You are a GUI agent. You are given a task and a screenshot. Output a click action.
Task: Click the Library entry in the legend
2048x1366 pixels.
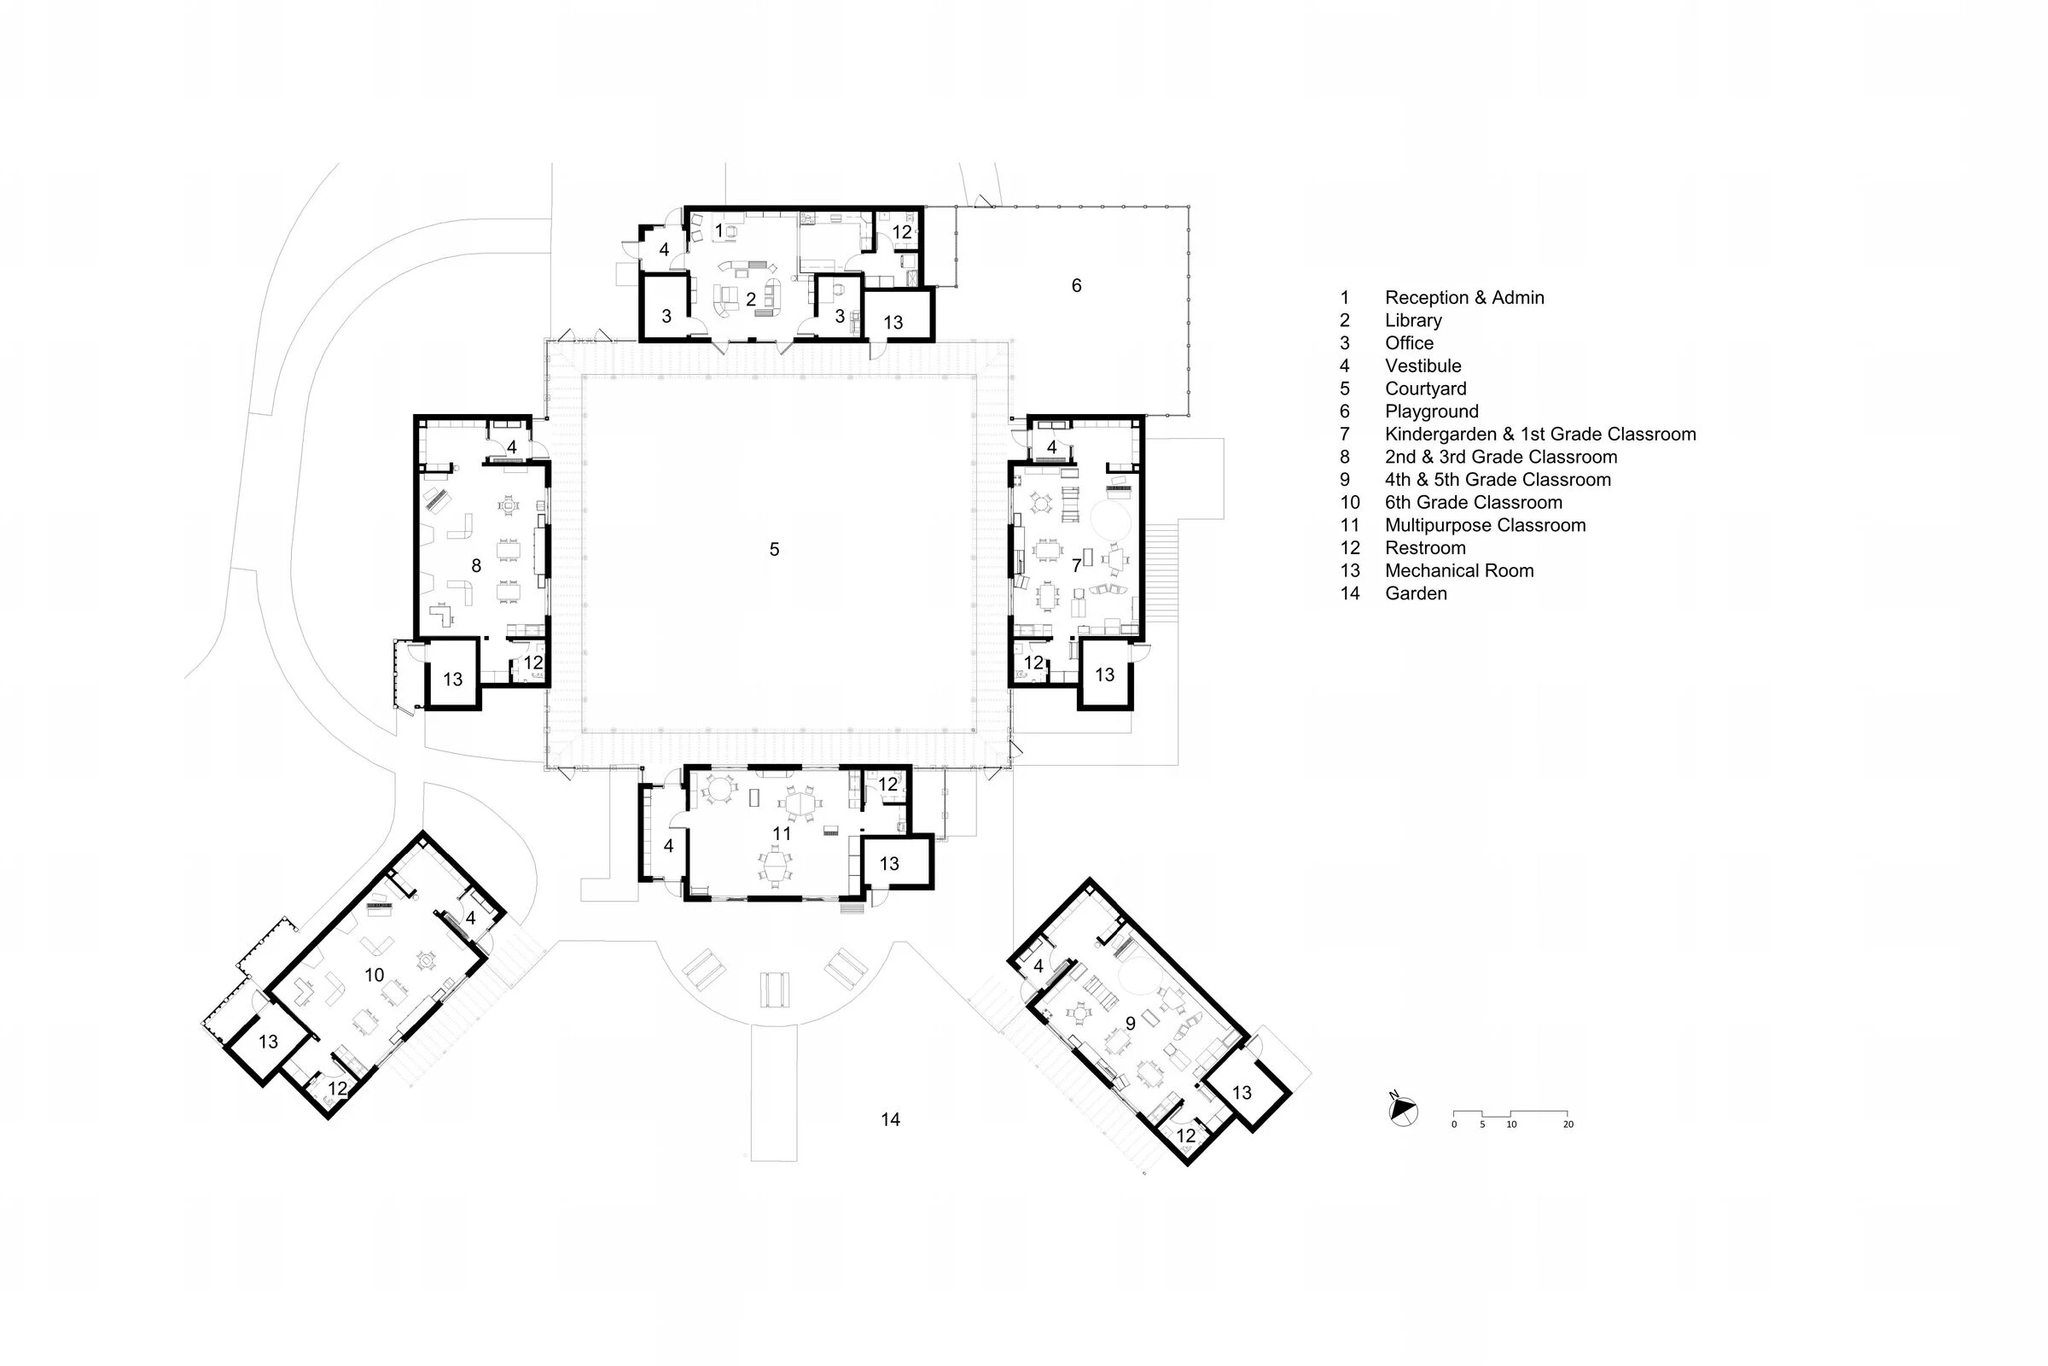click(1413, 321)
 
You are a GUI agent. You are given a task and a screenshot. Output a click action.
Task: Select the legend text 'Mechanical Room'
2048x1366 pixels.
click(1459, 570)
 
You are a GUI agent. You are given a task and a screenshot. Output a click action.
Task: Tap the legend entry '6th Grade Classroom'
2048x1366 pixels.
click(1474, 503)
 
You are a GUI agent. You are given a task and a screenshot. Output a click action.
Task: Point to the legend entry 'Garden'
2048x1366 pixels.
click(1416, 593)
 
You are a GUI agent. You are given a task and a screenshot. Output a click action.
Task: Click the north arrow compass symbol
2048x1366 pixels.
click(1403, 1111)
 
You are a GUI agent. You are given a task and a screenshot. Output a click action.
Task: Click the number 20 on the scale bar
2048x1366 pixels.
click(1568, 1124)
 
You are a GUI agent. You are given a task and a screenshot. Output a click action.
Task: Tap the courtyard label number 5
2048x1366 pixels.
click(774, 549)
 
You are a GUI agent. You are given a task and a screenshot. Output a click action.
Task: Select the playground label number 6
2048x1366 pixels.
click(1076, 286)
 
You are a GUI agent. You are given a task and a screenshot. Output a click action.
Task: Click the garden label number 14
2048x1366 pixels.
click(890, 1119)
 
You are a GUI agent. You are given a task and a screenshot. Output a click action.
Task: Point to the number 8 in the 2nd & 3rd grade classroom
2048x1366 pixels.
click(476, 566)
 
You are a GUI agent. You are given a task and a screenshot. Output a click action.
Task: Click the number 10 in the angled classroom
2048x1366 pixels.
click(375, 976)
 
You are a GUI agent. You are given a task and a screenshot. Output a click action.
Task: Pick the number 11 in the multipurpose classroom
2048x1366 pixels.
click(782, 834)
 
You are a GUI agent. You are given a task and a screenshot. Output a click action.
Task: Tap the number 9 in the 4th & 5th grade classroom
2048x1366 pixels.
click(1130, 1024)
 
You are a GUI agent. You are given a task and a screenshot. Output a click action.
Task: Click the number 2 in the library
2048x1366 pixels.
click(751, 300)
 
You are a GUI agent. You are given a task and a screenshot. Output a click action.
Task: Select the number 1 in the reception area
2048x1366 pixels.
click(719, 231)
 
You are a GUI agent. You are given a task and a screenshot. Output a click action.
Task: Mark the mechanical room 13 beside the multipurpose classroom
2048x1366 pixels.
click(889, 863)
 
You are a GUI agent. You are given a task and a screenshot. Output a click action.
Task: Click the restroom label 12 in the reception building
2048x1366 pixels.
click(902, 231)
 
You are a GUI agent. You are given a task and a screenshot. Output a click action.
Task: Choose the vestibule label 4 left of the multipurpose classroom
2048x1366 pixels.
click(669, 846)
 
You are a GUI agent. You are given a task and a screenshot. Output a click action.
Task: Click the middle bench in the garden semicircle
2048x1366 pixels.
click(775, 989)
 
